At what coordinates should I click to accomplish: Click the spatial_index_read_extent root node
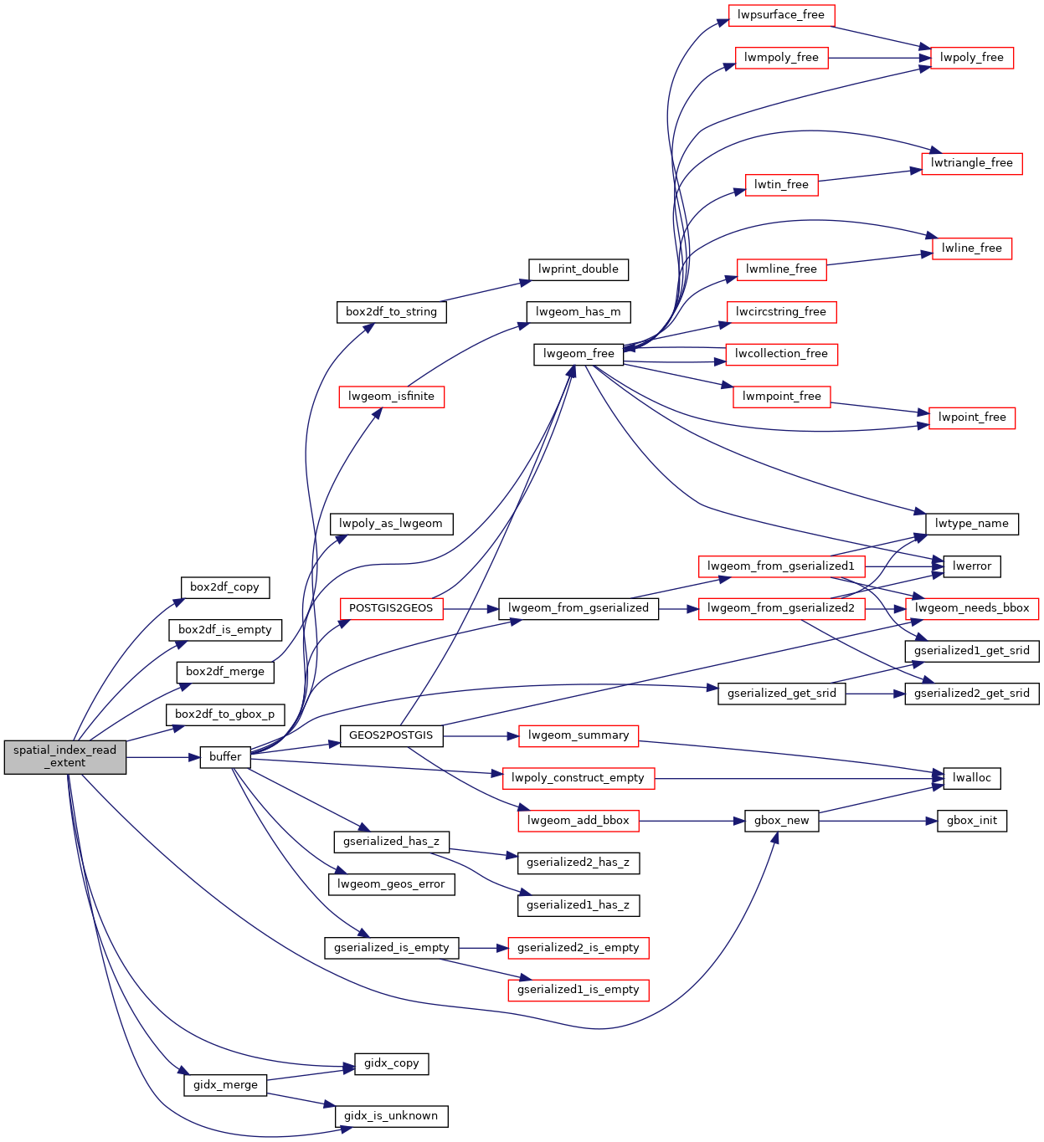[65, 757]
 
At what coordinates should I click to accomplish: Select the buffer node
[225, 757]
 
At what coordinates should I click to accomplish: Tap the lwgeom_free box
[579, 354]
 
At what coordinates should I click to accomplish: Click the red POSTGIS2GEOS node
[391, 608]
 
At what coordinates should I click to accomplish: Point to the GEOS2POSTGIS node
[391, 735]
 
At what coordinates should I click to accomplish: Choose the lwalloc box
[971, 778]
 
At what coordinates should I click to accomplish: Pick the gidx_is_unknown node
[391, 1116]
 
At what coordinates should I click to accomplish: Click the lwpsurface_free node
[781, 15]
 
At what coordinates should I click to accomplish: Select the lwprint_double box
[579, 269]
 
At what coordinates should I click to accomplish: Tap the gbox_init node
[971, 821]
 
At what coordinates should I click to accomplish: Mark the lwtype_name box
[971, 524]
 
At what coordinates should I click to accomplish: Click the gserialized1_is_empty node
[579, 990]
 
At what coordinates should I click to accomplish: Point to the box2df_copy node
[225, 587]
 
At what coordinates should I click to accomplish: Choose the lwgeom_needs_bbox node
[971, 608]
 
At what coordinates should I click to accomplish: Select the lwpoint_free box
[971, 417]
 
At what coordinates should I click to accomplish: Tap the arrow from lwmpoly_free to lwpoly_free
[879, 58]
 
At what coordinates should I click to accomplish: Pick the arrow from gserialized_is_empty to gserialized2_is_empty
[484, 948]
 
